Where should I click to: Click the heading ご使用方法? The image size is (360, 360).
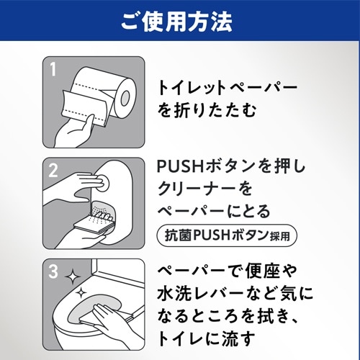tap(176, 22)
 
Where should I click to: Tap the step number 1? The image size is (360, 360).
tap(53, 69)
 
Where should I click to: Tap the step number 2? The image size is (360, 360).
tap(53, 171)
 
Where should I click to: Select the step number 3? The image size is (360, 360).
tap(53, 271)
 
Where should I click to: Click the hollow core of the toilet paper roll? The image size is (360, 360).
tap(125, 97)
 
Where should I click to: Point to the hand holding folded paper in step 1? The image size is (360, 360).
tap(74, 132)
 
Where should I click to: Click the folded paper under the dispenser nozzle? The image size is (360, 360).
tap(92, 225)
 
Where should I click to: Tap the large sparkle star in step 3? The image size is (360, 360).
tap(73, 277)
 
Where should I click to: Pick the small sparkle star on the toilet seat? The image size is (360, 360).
tap(81, 293)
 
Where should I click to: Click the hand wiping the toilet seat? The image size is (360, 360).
tap(113, 322)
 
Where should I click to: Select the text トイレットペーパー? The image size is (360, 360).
tap(228, 89)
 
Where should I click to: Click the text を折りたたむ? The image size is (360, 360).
tap(207, 110)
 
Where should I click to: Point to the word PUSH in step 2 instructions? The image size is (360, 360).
tap(181, 166)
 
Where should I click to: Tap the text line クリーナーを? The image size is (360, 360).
tap(204, 189)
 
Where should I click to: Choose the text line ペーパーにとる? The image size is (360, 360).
tap(214, 211)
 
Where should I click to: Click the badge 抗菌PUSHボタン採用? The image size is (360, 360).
tap(227, 235)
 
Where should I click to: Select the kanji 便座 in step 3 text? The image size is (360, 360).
tap(262, 271)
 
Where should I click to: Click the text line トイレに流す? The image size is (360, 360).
tap(206, 338)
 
